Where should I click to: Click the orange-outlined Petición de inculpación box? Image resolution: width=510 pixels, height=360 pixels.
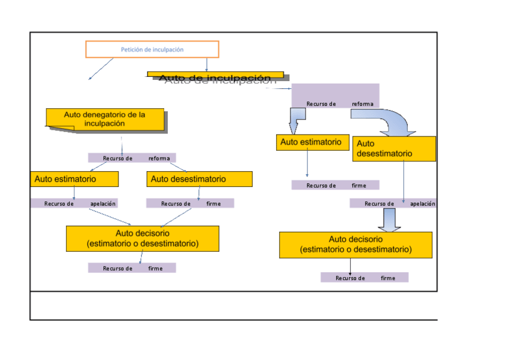(152, 49)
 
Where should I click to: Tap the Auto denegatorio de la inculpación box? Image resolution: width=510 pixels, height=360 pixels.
(105, 119)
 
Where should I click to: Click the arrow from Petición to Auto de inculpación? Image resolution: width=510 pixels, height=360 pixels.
(207, 64)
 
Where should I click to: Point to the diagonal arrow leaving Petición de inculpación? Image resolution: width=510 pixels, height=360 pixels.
(101, 69)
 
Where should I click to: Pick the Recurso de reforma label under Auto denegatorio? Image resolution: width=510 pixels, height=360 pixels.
(132, 158)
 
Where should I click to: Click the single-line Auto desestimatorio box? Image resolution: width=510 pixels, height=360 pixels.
(199, 179)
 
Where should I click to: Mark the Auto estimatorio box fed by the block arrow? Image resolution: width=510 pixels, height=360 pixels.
(313, 142)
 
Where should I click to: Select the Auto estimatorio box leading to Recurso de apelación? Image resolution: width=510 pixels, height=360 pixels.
(75, 179)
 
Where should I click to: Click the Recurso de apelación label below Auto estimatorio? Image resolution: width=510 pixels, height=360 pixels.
(74, 204)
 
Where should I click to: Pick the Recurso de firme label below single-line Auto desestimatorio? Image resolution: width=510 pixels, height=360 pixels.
(190, 204)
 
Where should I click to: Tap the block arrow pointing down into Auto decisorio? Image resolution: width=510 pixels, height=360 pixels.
(390, 220)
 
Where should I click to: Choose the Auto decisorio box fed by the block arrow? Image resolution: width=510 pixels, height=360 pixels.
(355, 245)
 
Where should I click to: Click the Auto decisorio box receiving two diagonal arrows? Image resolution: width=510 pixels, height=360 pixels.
(143, 239)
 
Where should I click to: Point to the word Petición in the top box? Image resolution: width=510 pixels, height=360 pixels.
(131, 49)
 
